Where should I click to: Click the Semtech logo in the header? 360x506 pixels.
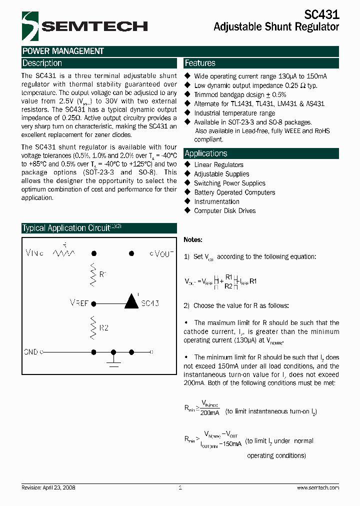84,26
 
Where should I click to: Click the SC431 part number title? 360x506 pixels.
321,15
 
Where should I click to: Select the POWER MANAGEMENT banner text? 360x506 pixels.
63,51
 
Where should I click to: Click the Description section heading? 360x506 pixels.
42,63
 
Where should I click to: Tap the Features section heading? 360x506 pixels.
200,63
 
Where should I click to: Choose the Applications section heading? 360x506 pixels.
206,153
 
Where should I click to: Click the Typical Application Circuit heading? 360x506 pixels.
66,228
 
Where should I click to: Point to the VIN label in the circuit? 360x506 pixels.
34,253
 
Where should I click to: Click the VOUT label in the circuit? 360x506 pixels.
162,253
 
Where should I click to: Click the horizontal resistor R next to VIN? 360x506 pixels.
64,253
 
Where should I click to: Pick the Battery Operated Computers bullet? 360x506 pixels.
234,192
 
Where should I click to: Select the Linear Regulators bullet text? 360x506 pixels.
218,164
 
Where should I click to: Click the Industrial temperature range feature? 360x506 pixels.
234,113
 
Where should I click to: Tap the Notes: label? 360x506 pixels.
193,240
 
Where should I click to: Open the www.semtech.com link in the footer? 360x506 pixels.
318,487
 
